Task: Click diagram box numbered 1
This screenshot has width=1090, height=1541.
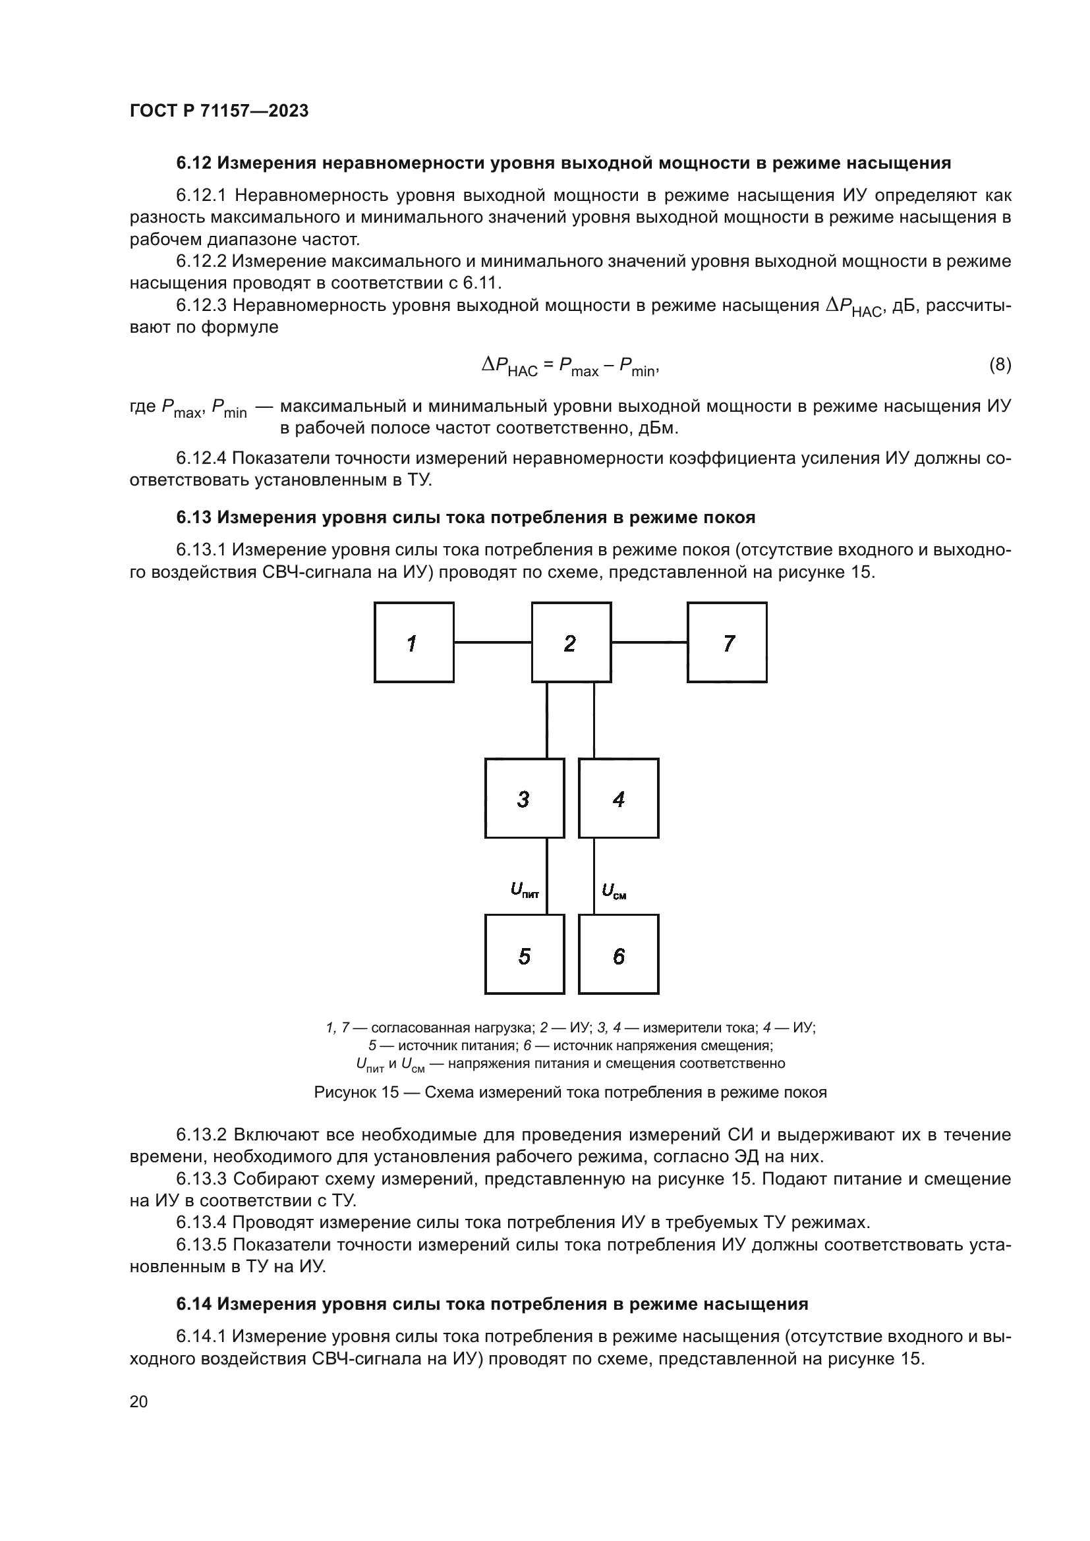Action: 413,642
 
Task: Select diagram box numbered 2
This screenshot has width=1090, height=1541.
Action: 571,642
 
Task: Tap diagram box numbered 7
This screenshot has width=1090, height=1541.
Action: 727,642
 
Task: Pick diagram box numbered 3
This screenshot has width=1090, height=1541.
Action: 524,798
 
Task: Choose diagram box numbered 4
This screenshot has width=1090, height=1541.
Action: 618,798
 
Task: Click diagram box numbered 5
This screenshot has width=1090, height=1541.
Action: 524,954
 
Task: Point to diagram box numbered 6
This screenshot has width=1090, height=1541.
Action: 618,954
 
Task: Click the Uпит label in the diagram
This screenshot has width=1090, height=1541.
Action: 524,891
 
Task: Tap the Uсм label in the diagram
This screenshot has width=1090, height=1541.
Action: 614,891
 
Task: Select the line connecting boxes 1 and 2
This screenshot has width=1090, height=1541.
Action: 493,642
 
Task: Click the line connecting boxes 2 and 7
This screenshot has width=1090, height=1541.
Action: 649,642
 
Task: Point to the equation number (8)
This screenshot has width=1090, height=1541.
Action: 1000,364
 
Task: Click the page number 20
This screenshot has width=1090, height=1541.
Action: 138,1401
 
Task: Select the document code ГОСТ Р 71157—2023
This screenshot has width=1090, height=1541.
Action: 219,111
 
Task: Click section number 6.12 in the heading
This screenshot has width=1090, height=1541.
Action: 194,163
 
